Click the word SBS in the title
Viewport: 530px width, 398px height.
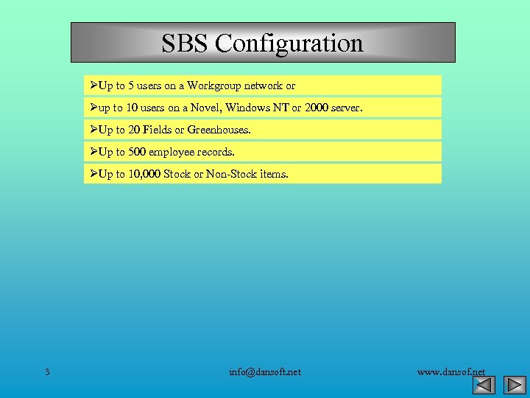click(x=185, y=43)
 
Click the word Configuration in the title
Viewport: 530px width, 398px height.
click(x=289, y=43)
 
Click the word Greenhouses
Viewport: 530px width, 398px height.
click(x=219, y=130)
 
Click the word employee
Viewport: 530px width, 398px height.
click(x=174, y=152)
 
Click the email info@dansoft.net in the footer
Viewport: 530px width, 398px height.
click(x=265, y=371)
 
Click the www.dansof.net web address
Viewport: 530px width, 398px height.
click(x=451, y=371)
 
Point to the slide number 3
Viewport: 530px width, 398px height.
click(x=47, y=371)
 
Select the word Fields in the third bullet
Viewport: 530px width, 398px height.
click(x=157, y=130)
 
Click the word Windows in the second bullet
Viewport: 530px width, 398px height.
click(x=247, y=108)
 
